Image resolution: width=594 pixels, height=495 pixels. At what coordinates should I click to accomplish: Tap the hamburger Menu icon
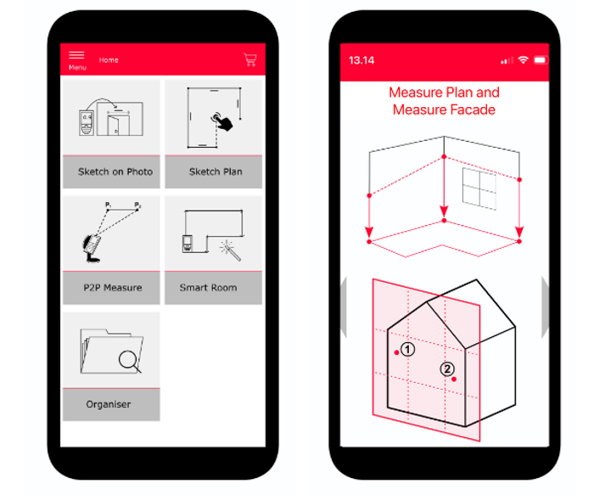[76, 55]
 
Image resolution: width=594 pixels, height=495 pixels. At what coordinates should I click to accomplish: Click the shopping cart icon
[250, 59]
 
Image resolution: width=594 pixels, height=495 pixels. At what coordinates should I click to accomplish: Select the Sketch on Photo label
[115, 172]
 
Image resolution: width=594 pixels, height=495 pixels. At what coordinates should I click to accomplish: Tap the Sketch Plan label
[216, 172]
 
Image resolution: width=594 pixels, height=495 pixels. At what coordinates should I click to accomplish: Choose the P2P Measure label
[113, 288]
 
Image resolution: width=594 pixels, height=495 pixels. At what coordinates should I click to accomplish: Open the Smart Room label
[209, 288]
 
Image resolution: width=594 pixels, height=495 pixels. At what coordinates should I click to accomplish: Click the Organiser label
[109, 404]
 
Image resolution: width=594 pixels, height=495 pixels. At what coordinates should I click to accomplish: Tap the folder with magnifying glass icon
[111, 352]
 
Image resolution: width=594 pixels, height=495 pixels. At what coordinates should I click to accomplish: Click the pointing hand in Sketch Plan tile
[222, 121]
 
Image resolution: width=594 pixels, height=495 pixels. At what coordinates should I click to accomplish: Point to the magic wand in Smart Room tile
[231, 250]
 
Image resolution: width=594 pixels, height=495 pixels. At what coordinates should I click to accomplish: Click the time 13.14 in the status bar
[361, 60]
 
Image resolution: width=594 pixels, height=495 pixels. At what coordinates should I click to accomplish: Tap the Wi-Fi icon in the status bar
[524, 60]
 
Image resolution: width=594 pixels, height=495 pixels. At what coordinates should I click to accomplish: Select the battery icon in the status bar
[541, 60]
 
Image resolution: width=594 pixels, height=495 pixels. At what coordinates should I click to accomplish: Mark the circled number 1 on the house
[407, 349]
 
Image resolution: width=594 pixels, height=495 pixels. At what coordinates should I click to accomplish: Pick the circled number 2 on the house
[447, 368]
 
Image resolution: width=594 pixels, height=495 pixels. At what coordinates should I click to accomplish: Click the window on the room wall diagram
[479, 188]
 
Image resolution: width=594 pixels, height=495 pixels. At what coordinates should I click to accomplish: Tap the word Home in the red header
[109, 60]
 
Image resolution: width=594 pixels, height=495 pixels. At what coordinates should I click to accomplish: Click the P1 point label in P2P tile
[108, 205]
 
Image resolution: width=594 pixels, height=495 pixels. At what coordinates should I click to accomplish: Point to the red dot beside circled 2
[454, 379]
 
